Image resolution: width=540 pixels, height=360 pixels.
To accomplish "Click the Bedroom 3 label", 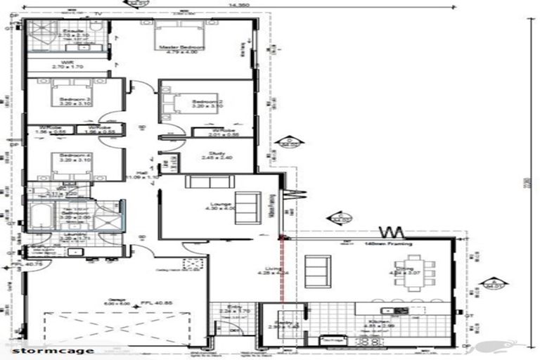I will coord(73,101).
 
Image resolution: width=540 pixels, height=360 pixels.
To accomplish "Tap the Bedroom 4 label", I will coord(73,156).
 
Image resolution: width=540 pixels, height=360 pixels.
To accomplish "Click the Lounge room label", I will coord(214,205).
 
